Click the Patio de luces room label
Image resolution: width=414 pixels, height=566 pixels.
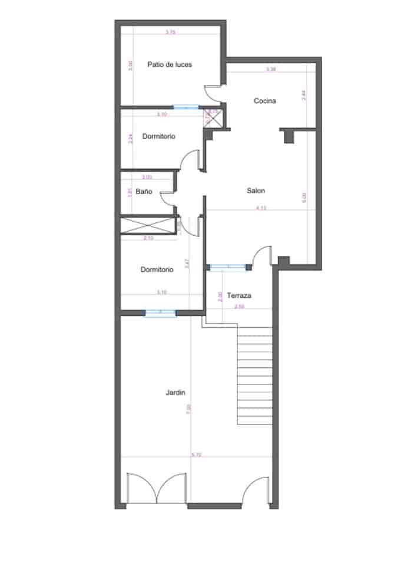coord(170,64)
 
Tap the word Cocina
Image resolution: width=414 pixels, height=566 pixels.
coord(264,101)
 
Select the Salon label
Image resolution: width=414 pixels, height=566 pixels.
coord(256,191)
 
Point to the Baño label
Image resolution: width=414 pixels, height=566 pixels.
coord(144,192)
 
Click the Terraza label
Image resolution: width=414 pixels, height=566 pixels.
coord(240,295)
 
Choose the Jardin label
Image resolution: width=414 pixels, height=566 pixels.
coord(175,391)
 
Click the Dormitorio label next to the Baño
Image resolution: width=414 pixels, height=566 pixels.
coord(158,137)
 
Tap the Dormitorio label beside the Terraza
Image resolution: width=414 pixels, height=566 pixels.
coord(157,269)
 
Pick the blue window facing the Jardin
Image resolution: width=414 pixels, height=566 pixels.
coord(160,312)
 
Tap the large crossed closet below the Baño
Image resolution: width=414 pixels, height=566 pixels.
coord(148,225)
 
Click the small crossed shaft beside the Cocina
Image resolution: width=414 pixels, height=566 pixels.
coord(213,119)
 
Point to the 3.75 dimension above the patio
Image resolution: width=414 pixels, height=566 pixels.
coord(170,32)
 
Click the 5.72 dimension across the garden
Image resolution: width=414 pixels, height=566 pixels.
coord(196,455)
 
